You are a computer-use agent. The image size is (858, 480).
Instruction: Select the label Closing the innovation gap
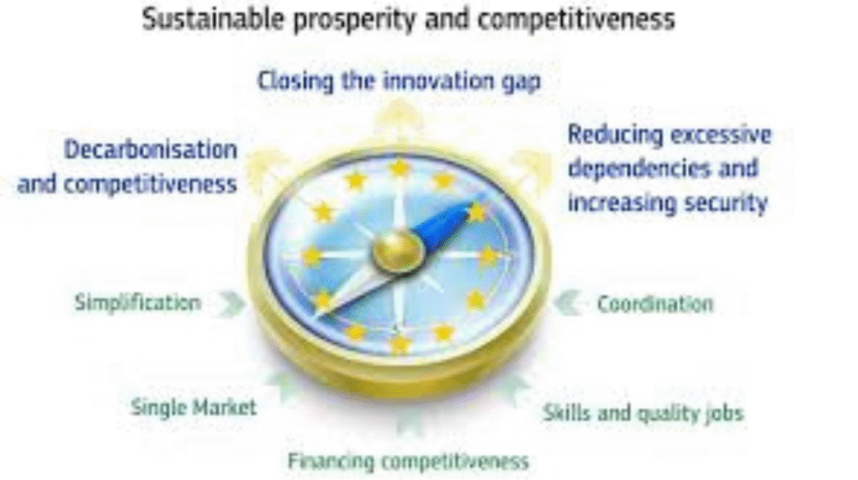pyautogui.click(x=398, y=81)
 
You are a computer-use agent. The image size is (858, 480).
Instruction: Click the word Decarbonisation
pyautogui.click(x=151, y=151)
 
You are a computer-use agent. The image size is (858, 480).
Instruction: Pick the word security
pyautogui.click(x=726, y=203)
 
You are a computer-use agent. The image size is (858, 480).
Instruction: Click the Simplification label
pyautogui.click(x=137, y=302)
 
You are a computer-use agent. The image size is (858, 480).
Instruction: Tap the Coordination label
pyautogui.click(x=654, y=303)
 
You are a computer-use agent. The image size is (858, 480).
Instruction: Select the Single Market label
pyautogui.click(x=194, y=408)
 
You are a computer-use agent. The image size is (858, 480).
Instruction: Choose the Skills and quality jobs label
pyautogui.click(x=643, y=412)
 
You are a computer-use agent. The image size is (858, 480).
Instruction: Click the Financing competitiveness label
pyautogui.click(x=408, y=461)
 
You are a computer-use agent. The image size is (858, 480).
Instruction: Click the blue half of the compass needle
pyautogui.click(x=444, y=223)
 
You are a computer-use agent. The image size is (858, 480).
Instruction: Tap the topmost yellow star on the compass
pyautogui.click(x=400, y=168)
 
